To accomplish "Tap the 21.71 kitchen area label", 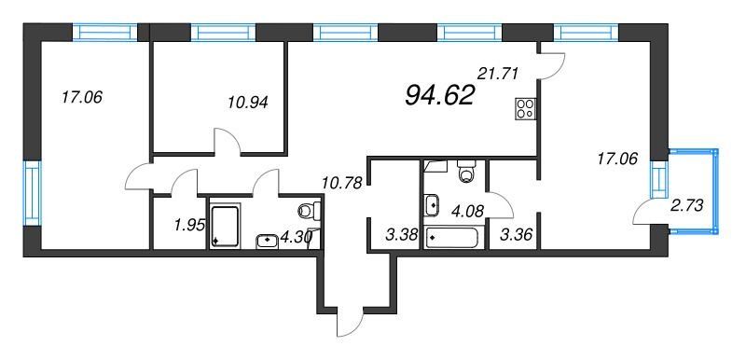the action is (x=497, y=74).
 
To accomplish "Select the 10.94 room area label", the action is (x=247, y=103).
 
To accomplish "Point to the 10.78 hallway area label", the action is (x=342, y=182).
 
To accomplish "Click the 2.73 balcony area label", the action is (x=687, y=205).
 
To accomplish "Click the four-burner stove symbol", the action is (x=525, y=108).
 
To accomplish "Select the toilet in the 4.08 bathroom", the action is (x=465, y=172).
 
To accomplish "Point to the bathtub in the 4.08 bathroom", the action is (x=451, y=237).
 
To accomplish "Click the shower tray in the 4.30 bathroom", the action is (x=224, y=227).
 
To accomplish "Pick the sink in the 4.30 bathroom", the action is (x=268, y=242).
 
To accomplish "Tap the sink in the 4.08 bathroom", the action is (x=433, y=205).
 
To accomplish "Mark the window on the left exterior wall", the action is (x=32, y=193).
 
